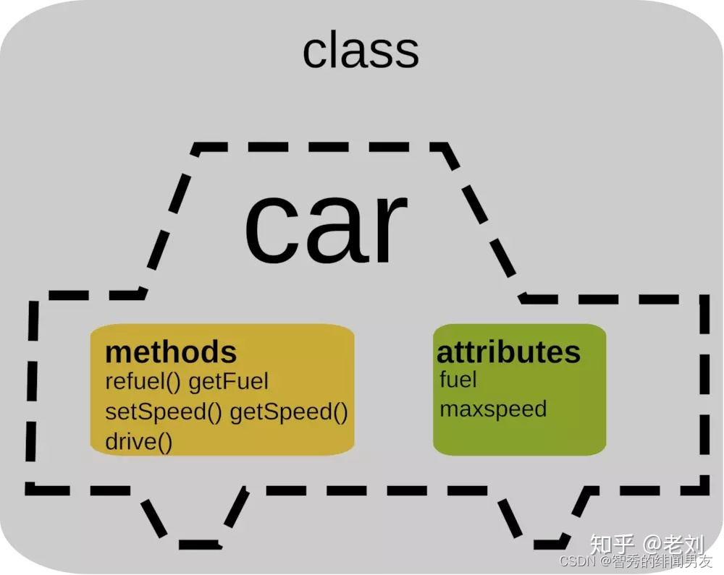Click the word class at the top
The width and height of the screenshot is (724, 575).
(x=361, y=51)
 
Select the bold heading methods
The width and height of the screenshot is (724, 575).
(x=171, y=352)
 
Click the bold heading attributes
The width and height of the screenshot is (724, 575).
(x=508, y=352)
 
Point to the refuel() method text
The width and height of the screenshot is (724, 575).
(x=143, y=382)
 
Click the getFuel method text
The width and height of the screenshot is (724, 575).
(x=228, y=382)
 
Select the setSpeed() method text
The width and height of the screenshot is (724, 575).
(x=164, y=412)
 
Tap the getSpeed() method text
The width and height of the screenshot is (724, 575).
(x=289, y=412)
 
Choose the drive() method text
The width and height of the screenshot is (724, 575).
(x=139, y=441)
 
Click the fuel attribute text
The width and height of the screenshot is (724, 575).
(x=458, y=378)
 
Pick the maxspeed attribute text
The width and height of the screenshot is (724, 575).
(x=493, y=409)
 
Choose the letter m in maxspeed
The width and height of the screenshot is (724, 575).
(x=449, y=410)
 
